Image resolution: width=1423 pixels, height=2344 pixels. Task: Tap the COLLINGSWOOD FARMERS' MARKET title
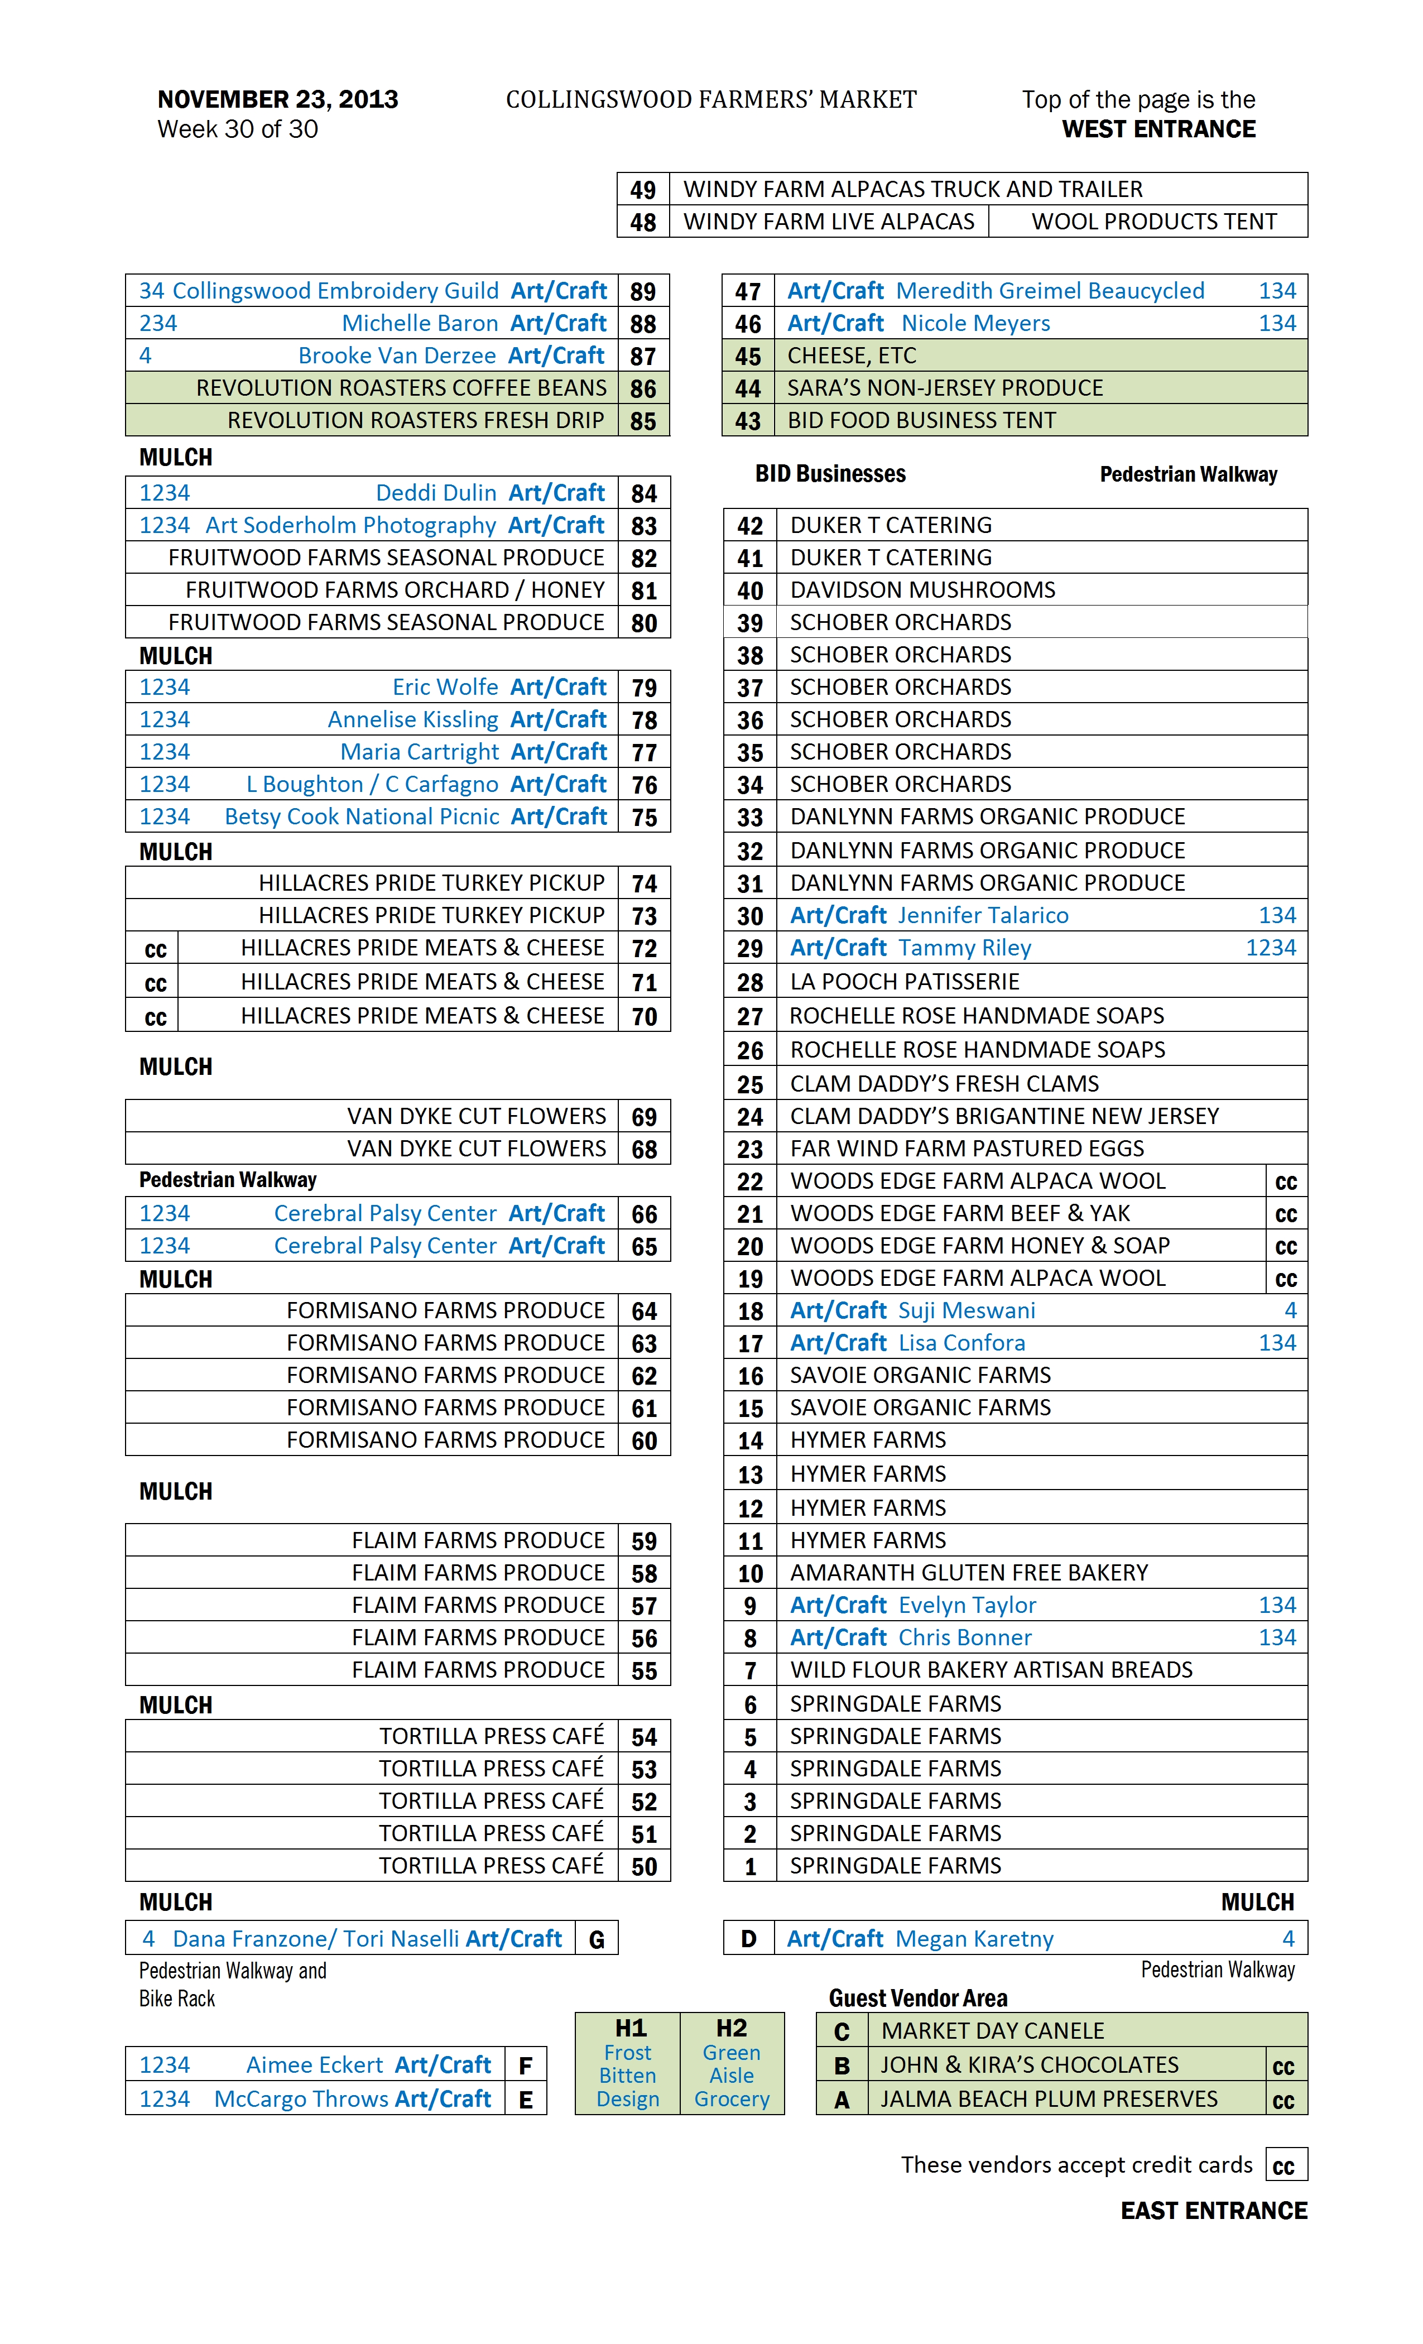(x=710, y=100)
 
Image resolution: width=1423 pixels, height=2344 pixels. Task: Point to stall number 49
(x=643, y=189)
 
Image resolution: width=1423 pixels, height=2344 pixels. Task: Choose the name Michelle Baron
(x=420, y=324)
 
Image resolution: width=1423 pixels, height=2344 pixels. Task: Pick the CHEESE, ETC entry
(x=852, y=356)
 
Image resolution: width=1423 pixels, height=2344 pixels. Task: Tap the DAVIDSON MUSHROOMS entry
(x=922, y=590)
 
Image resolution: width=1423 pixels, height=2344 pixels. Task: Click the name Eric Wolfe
(x=445, y=687)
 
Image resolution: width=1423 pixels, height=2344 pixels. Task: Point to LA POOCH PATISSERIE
(x=903, y=982)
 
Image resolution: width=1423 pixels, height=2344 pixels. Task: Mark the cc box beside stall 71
(x=155, y=983)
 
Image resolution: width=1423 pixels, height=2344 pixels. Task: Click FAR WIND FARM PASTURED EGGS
(x=967, y=1149)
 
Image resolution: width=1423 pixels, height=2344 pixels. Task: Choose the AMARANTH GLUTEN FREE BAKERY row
(x=968, y=1573)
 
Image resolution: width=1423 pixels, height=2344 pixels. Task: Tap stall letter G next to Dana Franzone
(x=597, y=1939)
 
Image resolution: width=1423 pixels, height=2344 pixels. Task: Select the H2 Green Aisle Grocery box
(x=732, y=2062)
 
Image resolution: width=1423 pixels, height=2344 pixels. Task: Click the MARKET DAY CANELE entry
(x=992, y=2031)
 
